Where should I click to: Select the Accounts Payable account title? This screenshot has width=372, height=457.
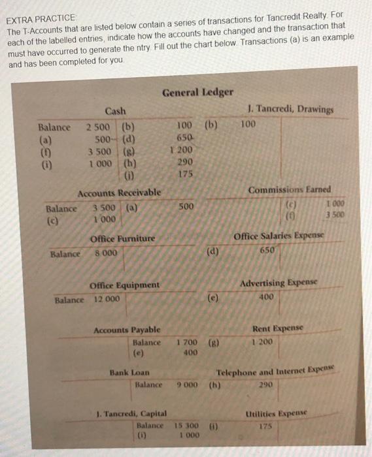(124, 330)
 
